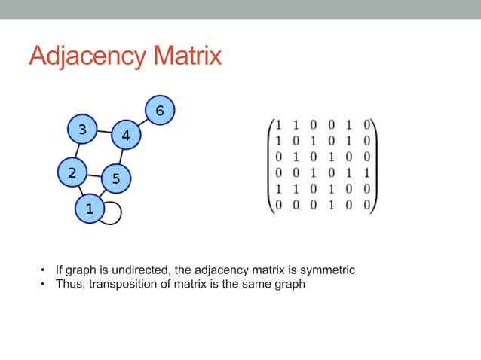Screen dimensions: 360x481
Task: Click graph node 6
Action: coord(159,111)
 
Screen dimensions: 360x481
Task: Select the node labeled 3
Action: coord(82,129)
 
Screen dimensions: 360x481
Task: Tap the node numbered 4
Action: coord(125,136)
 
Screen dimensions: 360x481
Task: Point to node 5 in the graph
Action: coord(115,178)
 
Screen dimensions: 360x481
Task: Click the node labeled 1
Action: coord(90,209)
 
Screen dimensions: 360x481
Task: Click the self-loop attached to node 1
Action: coord(115,212)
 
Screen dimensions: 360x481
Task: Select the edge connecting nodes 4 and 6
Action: coord(142,124)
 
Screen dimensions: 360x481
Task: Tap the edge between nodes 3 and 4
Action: coord(103,133)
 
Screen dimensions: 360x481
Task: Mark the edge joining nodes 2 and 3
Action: coord(77,151)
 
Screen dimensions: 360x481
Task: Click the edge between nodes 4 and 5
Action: coord(121,157)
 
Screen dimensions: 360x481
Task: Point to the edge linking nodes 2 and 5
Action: coord(93,176)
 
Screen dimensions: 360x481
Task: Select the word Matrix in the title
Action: coord(184,56)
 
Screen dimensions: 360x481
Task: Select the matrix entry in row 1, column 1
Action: coord(278,124)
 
